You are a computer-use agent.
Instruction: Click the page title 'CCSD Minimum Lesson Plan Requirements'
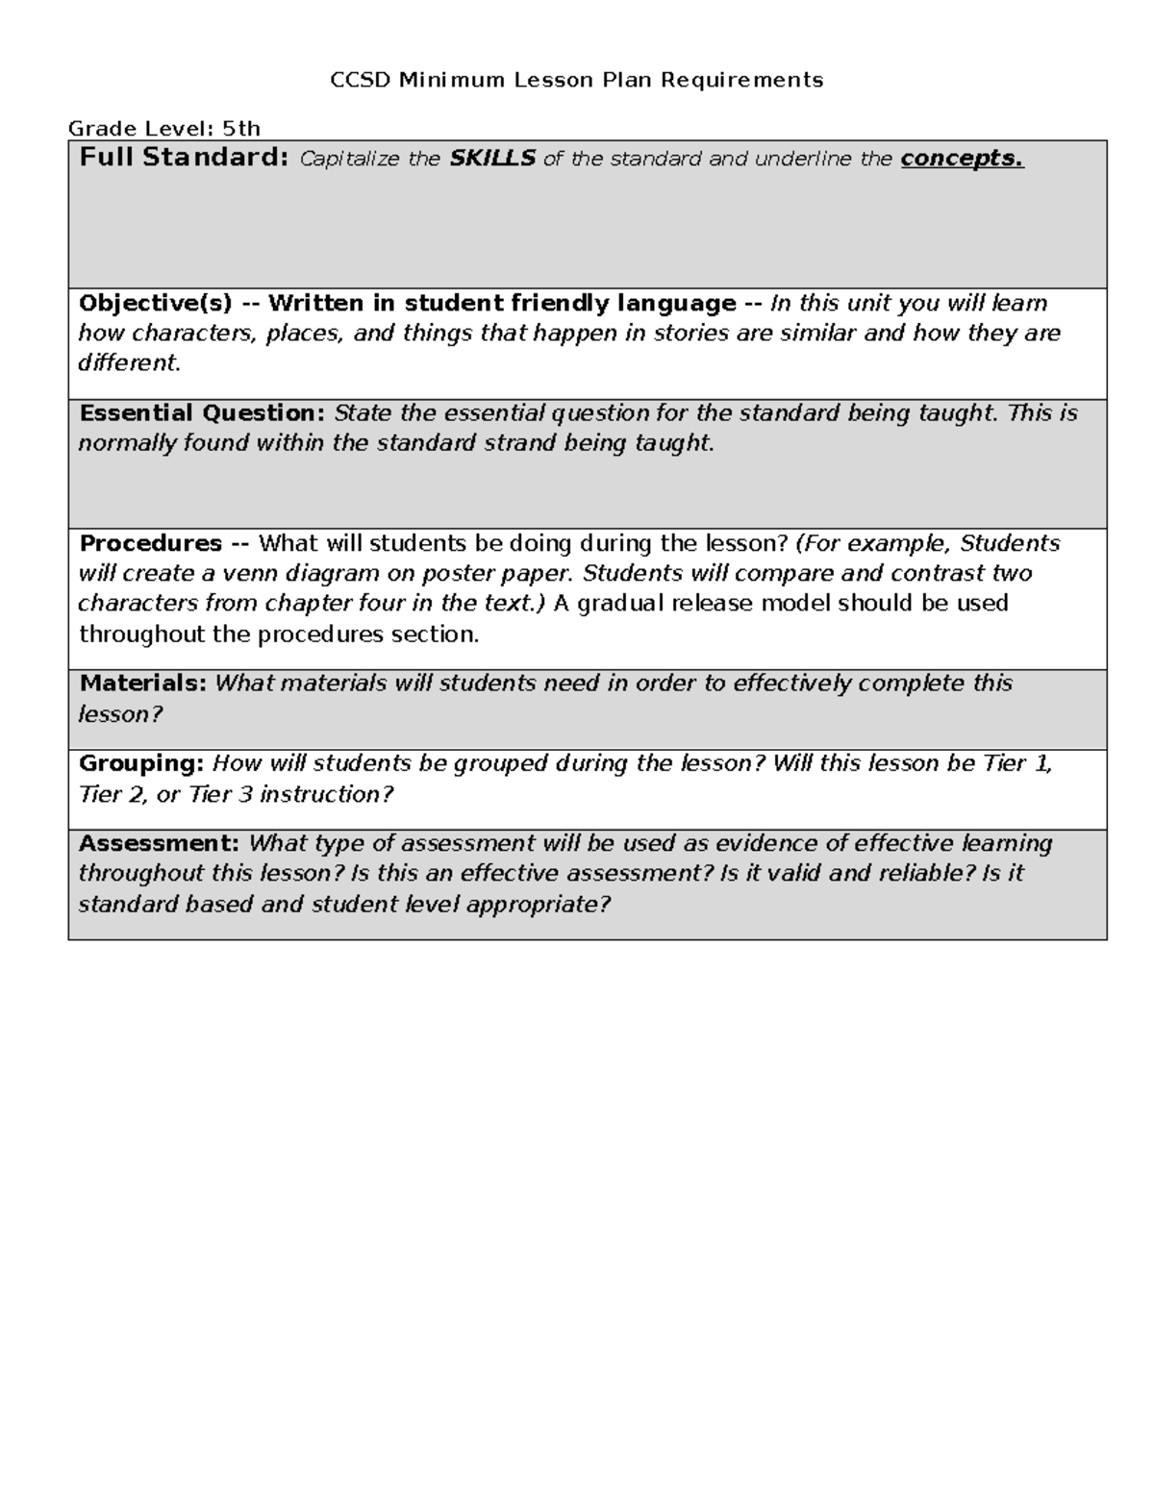click(576, 80)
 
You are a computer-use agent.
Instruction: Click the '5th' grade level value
click(241, 128)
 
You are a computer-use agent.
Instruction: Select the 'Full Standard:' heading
click(184, 158)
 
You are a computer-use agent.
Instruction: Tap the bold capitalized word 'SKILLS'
click(492, 159)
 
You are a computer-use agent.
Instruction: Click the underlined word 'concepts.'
click(962, 159)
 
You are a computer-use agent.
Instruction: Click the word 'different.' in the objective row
click(129, 363)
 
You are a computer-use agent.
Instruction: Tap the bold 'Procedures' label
click(151, 543)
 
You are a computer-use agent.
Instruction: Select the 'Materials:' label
click(142, 684)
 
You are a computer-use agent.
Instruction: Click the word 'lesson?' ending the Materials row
click(120, 714)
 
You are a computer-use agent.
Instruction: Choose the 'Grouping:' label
click(141, 763)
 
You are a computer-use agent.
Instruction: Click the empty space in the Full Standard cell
click(587, 231)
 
